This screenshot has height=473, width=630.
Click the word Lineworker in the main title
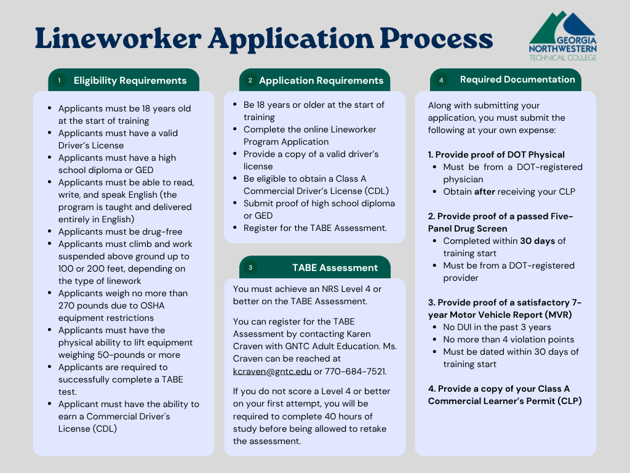coord(117,39)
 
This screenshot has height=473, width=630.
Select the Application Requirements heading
coord(321,81)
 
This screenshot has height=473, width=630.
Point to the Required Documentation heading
coord(517,79)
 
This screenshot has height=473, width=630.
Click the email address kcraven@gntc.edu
coord(272,371)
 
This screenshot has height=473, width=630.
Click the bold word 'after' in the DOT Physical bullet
coord(484,192)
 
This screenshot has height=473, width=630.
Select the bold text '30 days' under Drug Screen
coord(537,241)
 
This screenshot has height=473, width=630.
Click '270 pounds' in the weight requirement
coord(84,305)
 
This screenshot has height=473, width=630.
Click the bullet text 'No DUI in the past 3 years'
coord(496,327)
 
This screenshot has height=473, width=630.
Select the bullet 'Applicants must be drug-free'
coord(120,232)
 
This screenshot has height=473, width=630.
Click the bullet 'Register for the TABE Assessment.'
coord(315,228)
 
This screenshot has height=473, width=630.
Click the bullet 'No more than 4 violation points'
coord(508,339)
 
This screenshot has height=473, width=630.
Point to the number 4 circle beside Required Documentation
coord(441,80)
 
